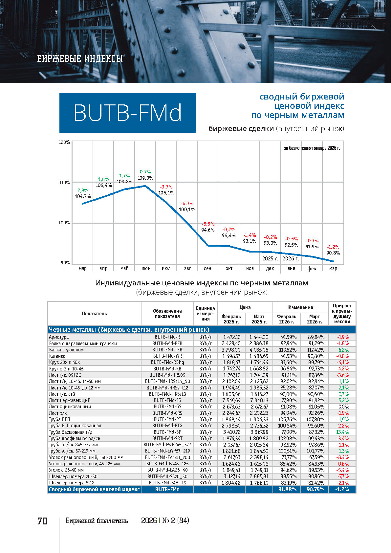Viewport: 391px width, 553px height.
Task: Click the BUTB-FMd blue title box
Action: tap(127, 113)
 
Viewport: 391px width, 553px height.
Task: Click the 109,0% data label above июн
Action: tap(145, 178)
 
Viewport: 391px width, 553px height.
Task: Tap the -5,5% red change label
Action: tap(208, 224)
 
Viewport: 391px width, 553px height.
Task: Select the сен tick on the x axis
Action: tap(207, 268)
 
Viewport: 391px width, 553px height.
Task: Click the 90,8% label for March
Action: tap(333, 253)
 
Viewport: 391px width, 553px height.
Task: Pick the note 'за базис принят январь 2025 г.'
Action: tap(312, 148)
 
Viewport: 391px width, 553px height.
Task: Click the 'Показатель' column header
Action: tap(94, 314)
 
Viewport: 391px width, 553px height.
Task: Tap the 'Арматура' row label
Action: tap(59, 337)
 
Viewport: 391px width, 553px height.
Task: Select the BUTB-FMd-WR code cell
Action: tap(167, 356)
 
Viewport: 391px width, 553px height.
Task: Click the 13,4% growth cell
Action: tap(342, 432)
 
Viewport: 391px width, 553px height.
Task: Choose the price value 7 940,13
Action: tap(259, 400)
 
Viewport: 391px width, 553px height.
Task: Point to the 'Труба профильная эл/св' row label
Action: tap(75, 438)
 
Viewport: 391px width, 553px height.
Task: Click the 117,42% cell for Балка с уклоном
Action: tap(315, 350)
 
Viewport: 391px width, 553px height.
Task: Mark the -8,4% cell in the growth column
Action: tap(342, 457)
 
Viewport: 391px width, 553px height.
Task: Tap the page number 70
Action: tap(43, 521)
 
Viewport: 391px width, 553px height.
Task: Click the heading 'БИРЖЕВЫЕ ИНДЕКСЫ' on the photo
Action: tap(80, 59)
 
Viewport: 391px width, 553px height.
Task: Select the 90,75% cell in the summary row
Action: tap(315, 489)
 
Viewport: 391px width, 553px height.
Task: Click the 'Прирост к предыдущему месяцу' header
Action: tap(342, 314)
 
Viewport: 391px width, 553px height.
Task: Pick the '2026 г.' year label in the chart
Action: tap(291, 258)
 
